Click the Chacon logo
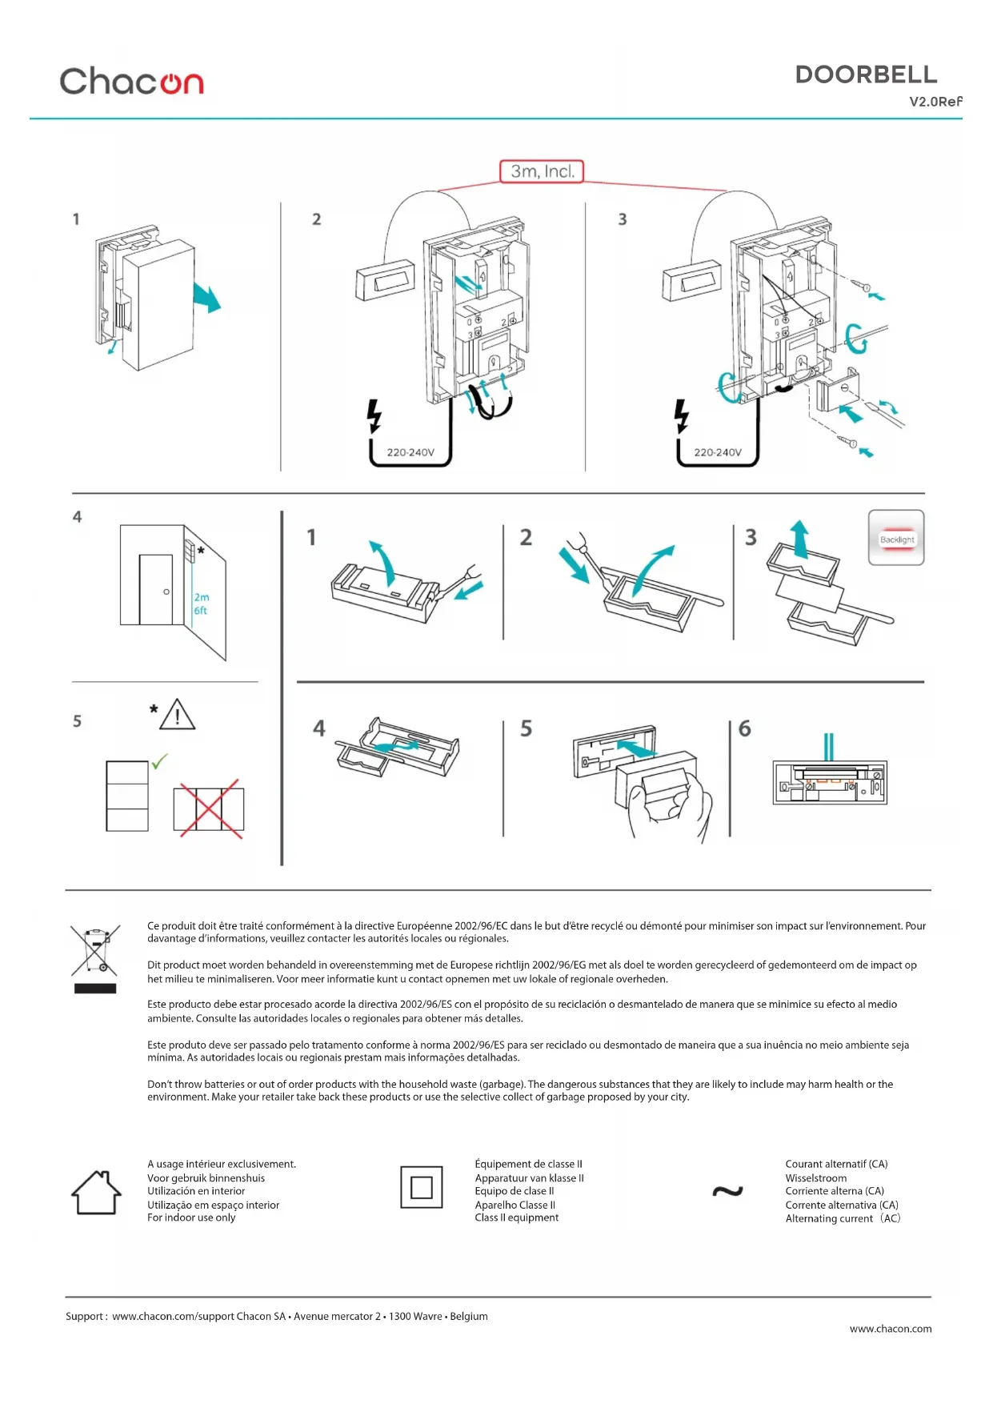(x=132, y=82)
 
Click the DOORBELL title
(x=866, y=74)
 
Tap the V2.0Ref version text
(x=935, y=102)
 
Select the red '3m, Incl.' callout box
(x=542, y=171)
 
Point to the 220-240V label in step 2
(x=410, y=452)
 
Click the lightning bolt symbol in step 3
(x=681, y=415)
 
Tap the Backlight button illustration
(x=896, y=539)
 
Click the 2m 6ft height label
(x=201, y=604)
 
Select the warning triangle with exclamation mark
(x=177, y=715)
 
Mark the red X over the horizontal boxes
(x=210, y=808)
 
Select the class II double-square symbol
(x=422, y=1187)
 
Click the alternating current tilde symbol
(x=727, y=1191)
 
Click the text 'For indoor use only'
(x=191, y=1217)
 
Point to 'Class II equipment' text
(x=516, y=1217)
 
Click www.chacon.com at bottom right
(x=890, y=1329)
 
